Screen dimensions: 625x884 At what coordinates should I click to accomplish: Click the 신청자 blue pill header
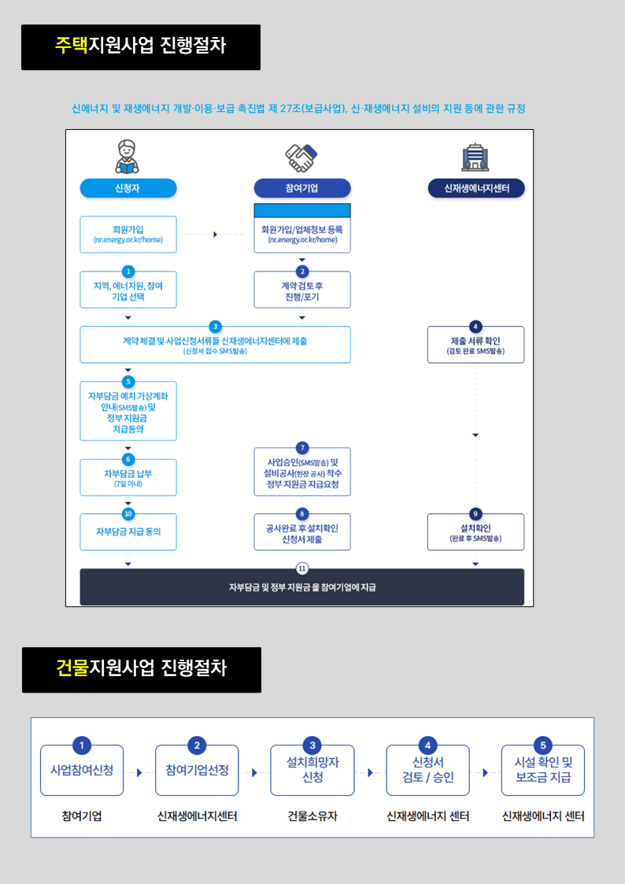pos(128,188)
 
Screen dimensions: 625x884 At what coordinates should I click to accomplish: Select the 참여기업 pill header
pos(302,188)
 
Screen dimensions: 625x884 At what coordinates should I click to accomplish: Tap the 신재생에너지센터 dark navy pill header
pos(476,188)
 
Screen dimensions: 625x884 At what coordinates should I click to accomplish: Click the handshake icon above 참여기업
pos(301,157)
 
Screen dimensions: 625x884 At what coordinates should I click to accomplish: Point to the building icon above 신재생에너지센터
pos(475,157)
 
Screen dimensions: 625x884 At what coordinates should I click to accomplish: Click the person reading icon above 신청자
pos(128,157)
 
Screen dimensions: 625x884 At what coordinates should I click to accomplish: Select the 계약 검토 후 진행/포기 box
pos(302,290)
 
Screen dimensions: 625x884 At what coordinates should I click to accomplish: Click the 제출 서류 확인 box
pos(475,345)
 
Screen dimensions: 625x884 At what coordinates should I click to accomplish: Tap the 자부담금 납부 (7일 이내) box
pos(128,478)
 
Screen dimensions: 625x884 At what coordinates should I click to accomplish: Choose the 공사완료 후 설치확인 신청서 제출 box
pos(302,531)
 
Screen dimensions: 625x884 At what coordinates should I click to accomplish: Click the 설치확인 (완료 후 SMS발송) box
pos(475,531)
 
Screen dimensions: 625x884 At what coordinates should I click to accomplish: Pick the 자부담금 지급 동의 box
pos(128,531)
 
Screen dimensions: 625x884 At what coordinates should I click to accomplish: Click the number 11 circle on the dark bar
pos(302,568)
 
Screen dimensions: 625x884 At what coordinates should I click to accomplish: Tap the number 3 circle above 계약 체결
pos(215,327)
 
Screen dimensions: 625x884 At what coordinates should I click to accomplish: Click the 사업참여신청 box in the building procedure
pos(82,770)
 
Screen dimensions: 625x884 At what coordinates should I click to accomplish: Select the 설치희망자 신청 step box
pos(312,770)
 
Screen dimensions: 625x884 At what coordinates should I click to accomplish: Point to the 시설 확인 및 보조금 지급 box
pos(542,770)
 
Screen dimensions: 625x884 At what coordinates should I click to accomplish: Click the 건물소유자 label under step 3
pos(312,816)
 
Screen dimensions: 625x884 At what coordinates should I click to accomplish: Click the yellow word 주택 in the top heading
pos(72,46)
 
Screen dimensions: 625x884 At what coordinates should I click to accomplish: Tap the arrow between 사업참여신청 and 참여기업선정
pos(139,772)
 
